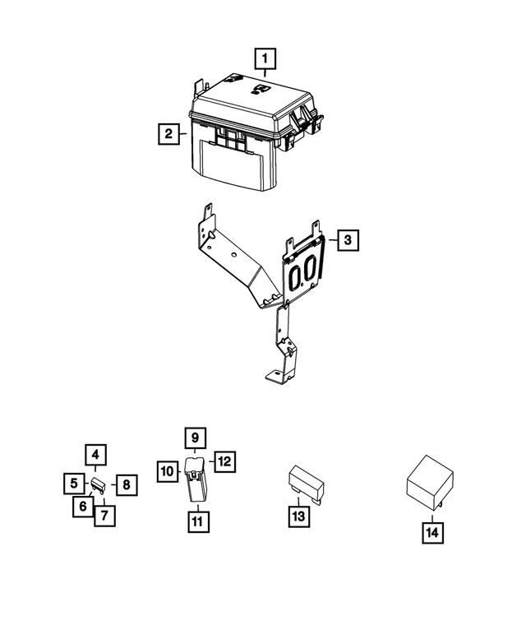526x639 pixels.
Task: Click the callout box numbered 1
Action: point(265,59)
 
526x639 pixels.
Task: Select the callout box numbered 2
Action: point(167,133)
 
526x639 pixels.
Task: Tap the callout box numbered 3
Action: point(348,240)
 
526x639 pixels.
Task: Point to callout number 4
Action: point(95,454)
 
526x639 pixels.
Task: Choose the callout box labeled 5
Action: point(73,484)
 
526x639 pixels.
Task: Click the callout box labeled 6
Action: point(83,507)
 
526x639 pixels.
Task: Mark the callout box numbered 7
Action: point(104,516)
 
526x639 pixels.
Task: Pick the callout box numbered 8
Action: point(127,484)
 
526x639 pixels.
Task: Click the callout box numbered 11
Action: point(196,520)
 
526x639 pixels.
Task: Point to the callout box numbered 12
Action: point(223,461)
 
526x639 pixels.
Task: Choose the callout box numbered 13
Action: point(298,516)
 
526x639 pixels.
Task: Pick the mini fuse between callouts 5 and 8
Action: point(99,485)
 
